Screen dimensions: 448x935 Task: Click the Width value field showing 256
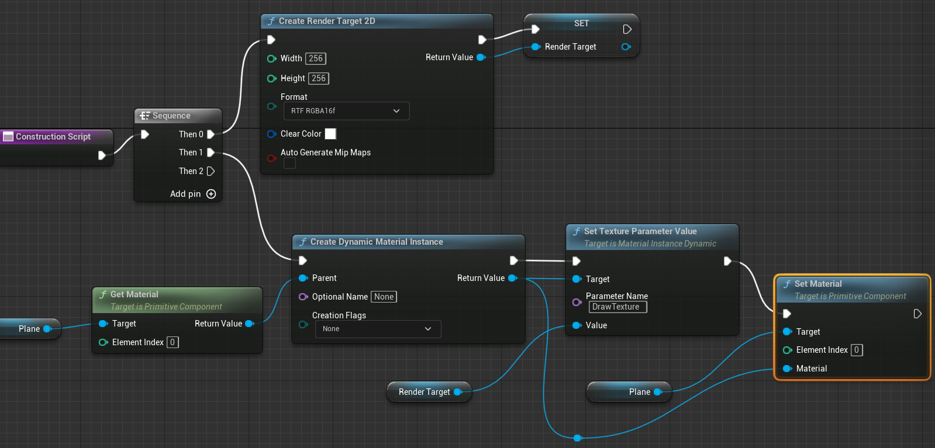316,58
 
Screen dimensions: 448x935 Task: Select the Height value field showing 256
319,78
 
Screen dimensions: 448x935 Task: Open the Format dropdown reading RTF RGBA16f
346,111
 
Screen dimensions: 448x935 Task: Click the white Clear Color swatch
330,134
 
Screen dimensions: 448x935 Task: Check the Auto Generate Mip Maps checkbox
289,164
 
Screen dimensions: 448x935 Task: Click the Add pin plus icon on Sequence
211,194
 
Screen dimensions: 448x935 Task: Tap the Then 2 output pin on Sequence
211,171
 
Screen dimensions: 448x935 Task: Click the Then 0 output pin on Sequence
211,134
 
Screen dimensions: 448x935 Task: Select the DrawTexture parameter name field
617,307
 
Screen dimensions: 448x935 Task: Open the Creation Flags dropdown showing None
378,329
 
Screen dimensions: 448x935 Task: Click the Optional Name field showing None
384,297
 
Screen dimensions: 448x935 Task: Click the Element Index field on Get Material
172,342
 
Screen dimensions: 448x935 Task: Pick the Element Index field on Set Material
857,350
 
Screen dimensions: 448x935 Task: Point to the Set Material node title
818,284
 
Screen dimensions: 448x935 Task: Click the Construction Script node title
53,137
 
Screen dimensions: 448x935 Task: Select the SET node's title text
581,23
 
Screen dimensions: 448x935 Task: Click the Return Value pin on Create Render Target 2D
481,57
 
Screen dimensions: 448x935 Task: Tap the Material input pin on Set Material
787,369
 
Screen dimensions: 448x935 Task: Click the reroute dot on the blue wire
578,438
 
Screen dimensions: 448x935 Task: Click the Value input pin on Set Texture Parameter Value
577,325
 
